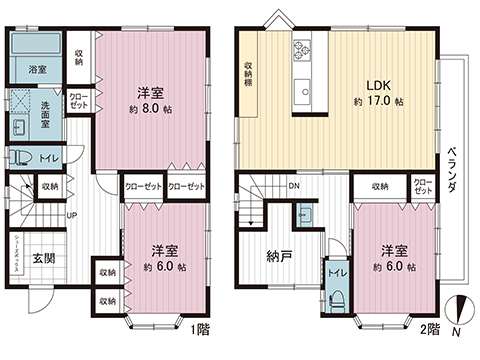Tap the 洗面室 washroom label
click(x=51, y=107)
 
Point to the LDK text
click(x=377, y=86)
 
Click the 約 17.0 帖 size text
click(x=378, y=102)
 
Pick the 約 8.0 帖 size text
click(x=155, y=109)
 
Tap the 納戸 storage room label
click(x=278, y=257)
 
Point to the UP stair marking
click(x=72, y=215)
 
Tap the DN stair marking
click(x=293, y=186)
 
